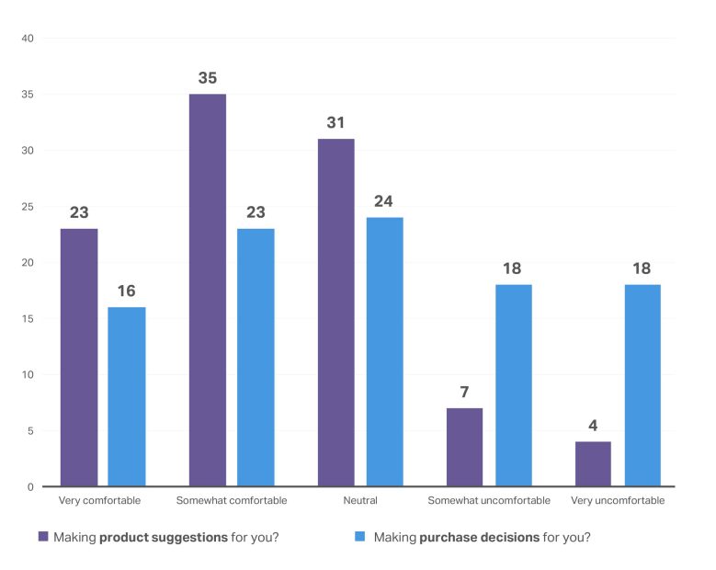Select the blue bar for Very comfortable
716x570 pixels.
pos(126,396)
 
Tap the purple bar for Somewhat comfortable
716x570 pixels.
pos(207,290)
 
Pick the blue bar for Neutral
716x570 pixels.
pos(383,351)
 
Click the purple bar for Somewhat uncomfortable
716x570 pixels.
pos(464,447)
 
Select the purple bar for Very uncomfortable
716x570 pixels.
pos(593,463)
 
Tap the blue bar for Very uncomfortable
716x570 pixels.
pos(642,385)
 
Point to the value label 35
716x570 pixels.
pos(207,78)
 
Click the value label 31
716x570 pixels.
pos(335,122)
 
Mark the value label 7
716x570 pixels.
pos(464,392)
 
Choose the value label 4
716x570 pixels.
pos(593,426)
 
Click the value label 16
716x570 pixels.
pos(126,291)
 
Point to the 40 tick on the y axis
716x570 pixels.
pos(27,39)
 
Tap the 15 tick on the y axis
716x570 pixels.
pos(27,319)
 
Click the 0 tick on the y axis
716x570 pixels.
pos(29,486)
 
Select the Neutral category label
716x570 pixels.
pos(359,501)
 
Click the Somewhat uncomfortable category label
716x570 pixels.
pos(489,501)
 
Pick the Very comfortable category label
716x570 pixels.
pos(99,501)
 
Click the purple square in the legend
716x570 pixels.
pos(42,536)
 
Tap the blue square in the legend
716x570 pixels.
pos(360,536)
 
